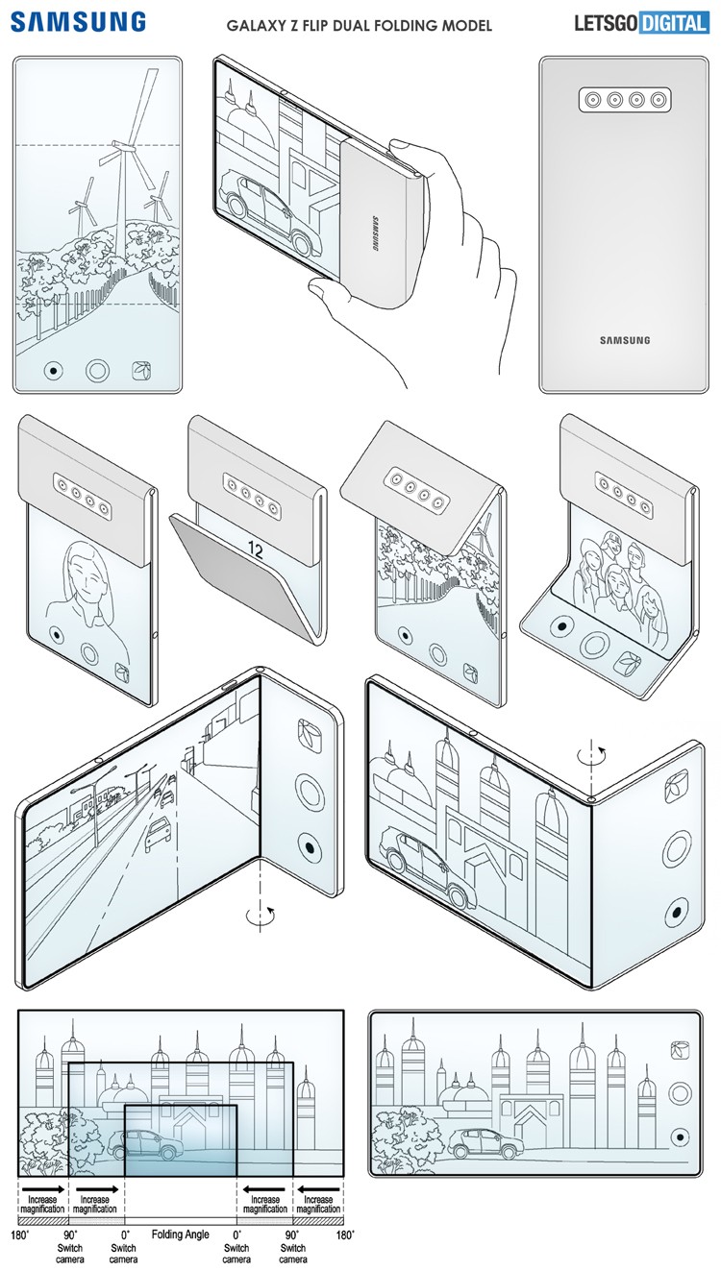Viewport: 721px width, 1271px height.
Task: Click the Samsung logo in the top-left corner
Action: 79,21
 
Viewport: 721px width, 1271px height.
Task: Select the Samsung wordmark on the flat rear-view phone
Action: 625,340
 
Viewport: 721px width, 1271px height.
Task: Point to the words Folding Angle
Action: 179,1234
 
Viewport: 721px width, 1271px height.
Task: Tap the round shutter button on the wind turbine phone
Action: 97,370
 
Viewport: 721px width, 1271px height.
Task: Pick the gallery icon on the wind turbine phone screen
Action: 141,370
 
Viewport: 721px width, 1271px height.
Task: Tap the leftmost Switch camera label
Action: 69,1253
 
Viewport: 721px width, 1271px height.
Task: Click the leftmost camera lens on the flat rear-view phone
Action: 587,100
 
